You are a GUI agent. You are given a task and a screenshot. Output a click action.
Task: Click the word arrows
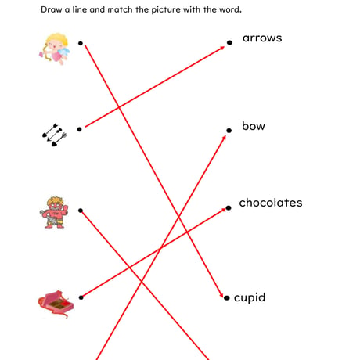pyautogui.click(x=262, y=38)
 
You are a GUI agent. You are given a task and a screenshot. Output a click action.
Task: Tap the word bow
pyautogui.click(x=254, y=126)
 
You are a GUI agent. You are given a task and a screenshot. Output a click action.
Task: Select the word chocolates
pyautogui.click(x=271, y=203)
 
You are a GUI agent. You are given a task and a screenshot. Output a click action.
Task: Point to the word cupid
pyautogui.click(x=250, y=297)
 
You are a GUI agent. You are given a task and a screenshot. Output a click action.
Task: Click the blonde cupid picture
pyautogui.click(x=55, y=49)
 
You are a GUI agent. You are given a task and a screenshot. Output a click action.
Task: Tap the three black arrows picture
pyautogui.click(x=55, y=135)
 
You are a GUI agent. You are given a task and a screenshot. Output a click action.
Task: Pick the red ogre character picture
pyautogui.click(x=54, y=213)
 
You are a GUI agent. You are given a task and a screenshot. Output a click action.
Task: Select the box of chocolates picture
pyautogui.click(x=56, y=304)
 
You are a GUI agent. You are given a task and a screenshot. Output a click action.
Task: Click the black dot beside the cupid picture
pyautogui.click(x=81, y=43)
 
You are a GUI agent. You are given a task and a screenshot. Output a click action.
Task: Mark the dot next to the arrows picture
pyautogui.click(x=80, y=129)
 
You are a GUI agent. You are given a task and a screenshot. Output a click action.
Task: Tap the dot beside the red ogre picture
pyautogui.click(x=81, y=211)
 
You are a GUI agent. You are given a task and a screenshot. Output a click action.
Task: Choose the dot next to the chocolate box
pyautogui.click(x=81, y=297)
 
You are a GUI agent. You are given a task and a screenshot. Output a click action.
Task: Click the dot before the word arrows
pyautogui.click(x=229, y=42)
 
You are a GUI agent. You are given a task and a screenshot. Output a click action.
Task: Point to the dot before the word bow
pyautogui.click(x=229, y=131)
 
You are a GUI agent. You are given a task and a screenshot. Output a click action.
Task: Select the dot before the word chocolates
pyautogui.click(x=229, y=208)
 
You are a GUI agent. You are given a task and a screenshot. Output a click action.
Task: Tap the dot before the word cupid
pyautogui.click(x=227, y=297)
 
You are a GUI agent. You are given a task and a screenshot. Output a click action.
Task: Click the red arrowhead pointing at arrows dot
pyautogui.click(x=222, y=48)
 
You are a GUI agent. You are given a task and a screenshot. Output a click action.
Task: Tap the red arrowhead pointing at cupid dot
pyautogui.click(x=221, y=295)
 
